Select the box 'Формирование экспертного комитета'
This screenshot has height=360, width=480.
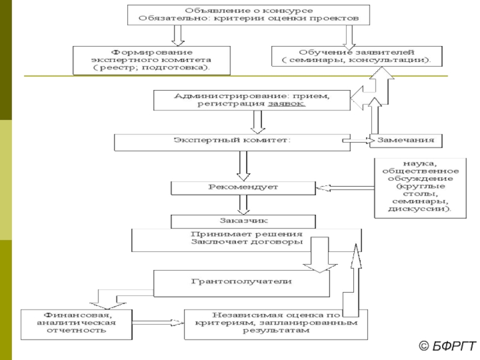click(151, 60)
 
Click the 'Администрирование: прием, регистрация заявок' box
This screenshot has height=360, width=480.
click(251, 100)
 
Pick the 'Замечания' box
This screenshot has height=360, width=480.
click(406, 141)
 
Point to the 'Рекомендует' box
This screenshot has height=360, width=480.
click(244, 188)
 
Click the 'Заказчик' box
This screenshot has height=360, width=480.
click(244, 220)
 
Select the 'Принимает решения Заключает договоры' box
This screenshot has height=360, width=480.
click(247, 239)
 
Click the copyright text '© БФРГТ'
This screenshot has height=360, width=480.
click(446, 346)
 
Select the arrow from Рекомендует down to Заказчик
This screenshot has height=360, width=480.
click(244, 205)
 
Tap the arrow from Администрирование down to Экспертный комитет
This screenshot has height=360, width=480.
click(258, 122)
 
